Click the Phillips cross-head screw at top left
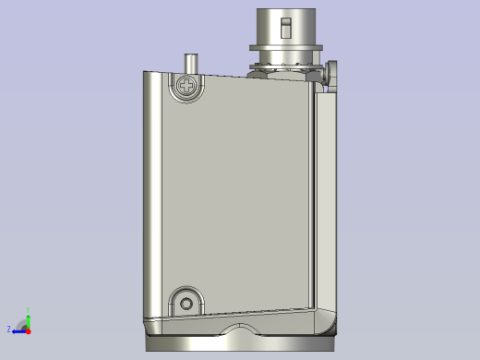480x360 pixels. coord(187,87)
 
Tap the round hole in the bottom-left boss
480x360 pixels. coord(187,302)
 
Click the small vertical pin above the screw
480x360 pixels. coord(191,64)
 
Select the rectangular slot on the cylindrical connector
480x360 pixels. coord(287,23)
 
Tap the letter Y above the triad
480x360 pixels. coord(28,311)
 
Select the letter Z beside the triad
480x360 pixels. coord(9,330)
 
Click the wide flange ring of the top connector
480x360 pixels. coord(287,46)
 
